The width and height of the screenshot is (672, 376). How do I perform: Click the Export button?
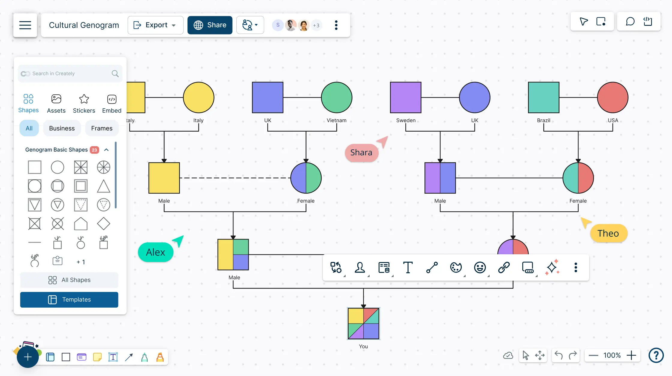point(155,25)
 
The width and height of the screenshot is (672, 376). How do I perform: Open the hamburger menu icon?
point(25,25)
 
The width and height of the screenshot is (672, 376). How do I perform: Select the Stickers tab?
point(84,103)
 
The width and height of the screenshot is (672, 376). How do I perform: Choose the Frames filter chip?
point(102,128)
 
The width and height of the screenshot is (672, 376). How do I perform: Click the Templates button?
point(69,300)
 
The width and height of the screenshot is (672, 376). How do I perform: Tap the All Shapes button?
point(69,280)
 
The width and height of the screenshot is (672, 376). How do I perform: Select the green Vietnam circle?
point(336,97)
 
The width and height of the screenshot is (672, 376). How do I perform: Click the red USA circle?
point(613,97)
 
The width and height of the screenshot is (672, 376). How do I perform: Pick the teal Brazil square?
point(544,97)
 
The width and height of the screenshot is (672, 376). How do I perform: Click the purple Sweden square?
point(406,97)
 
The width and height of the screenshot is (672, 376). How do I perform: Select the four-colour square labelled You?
point(363,324)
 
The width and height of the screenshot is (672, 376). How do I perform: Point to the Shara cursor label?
point(361,153)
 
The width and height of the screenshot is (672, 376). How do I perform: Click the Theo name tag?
point(608,233)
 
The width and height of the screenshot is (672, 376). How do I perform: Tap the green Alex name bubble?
point(156,252)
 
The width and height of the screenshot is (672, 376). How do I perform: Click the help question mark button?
point(656,356)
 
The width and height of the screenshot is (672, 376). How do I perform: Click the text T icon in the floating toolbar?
point(408,267)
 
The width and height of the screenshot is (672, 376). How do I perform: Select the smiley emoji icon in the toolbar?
point(480,267)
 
